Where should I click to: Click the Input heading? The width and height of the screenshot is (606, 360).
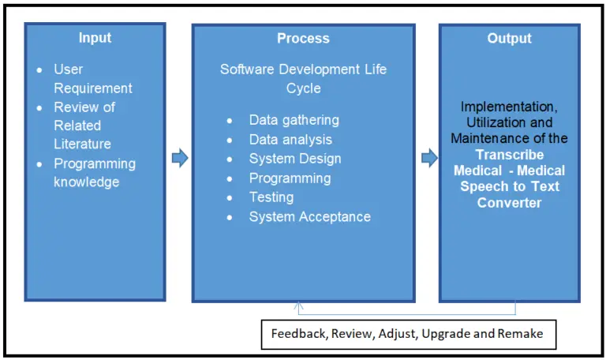coord(95,38)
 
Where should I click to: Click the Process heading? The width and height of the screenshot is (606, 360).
coord(303,38)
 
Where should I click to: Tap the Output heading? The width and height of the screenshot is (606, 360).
coord(509,38)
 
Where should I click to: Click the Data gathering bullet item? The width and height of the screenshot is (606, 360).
coord(294,120)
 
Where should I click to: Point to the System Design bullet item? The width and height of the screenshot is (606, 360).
coord(295,159)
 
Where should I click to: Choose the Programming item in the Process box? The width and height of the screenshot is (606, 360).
coord(290,178)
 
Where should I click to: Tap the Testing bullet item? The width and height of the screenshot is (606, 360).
coord(271,197)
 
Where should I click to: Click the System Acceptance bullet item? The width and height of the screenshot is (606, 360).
coord(309,216)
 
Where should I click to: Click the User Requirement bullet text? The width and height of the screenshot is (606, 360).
coord(92,78)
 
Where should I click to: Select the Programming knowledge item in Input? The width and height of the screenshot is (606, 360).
coord(94,172)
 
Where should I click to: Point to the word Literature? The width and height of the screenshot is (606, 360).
coord(82,144)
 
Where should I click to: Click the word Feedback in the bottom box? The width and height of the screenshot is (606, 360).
coord(298,334)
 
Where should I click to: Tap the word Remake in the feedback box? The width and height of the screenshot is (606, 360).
coord(521,334)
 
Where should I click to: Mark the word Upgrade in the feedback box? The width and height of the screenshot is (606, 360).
coord(447,334)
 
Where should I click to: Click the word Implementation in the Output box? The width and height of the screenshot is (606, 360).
coord(508,106)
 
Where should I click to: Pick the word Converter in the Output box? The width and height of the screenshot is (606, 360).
coord(509,203)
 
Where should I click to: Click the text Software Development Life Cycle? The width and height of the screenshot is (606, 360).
coord(303,78)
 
